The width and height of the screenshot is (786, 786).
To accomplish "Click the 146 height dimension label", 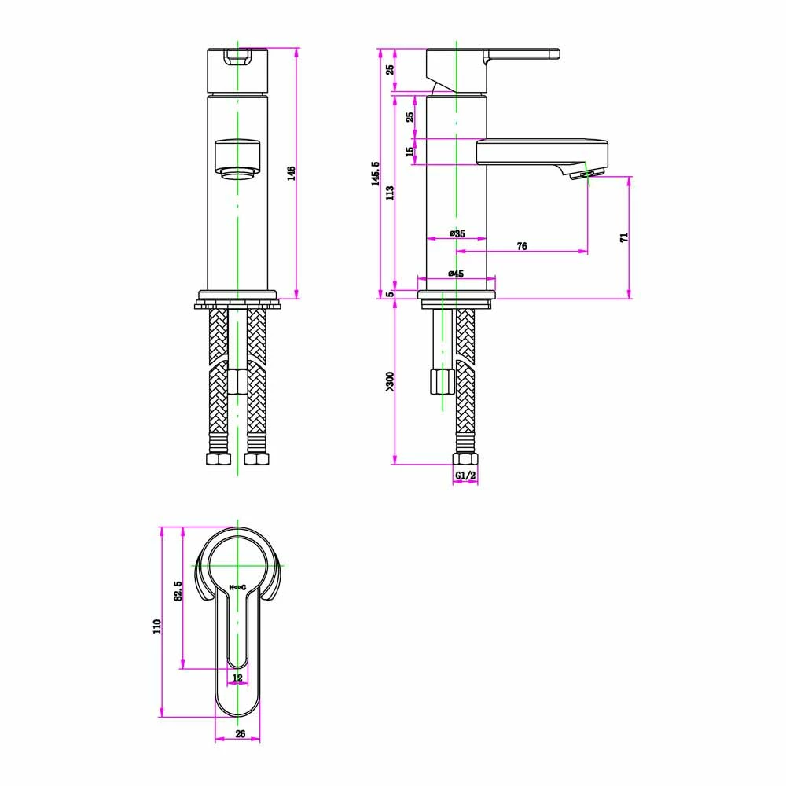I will point(291,173).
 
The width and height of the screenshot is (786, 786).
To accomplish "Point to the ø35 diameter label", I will point(457,233).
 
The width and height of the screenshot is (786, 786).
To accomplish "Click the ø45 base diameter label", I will point(456,273).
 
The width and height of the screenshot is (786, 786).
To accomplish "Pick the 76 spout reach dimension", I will point(522,246).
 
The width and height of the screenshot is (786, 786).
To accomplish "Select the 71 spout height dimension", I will point(623,237).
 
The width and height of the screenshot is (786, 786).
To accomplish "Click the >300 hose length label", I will point(390,380).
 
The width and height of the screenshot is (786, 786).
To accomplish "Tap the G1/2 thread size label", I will point(465,476).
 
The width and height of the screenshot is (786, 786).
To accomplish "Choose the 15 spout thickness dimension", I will point(410,151).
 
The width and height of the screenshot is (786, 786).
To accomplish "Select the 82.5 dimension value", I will point(178,591).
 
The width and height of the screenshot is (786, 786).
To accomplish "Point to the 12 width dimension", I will point(237,678).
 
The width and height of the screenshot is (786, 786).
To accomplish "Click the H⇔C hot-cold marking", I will point(237,587).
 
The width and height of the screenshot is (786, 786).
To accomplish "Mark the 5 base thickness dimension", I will point(390,295).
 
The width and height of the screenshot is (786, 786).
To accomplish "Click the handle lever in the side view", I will point(522,55).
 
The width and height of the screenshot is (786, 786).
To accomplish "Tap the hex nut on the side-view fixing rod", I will point(442,381).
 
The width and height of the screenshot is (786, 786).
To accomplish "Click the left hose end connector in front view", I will point(216,458).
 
